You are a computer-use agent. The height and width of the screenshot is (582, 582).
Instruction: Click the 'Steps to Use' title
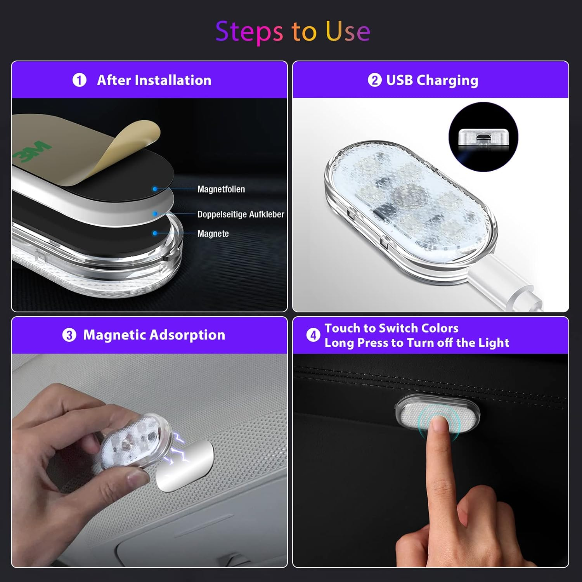point(293,32)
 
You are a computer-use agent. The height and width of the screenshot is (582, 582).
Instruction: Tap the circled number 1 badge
point(80,80)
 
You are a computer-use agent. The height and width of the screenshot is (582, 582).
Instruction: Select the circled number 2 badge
point(374,80)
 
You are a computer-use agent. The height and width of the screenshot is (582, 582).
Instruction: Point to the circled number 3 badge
point(69,335)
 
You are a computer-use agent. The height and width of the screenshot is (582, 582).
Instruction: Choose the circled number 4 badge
point(313,335)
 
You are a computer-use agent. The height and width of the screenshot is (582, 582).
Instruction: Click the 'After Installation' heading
point(154,80)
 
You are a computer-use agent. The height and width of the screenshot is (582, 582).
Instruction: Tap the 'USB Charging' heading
point(432,81)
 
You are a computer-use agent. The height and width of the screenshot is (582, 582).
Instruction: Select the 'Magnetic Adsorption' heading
point(154,335)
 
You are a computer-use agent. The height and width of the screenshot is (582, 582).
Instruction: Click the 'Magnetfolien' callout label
point(221,189)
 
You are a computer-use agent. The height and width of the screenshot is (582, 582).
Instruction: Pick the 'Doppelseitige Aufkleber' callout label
point(241,214)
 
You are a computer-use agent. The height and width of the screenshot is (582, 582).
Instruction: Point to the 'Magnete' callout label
point(213,234)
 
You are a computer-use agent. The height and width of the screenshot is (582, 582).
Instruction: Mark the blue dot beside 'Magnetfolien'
point(155,189)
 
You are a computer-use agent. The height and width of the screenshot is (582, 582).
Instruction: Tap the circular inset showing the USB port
point(483,137)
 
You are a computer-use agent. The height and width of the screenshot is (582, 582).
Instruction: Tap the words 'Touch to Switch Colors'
point(391,328)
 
